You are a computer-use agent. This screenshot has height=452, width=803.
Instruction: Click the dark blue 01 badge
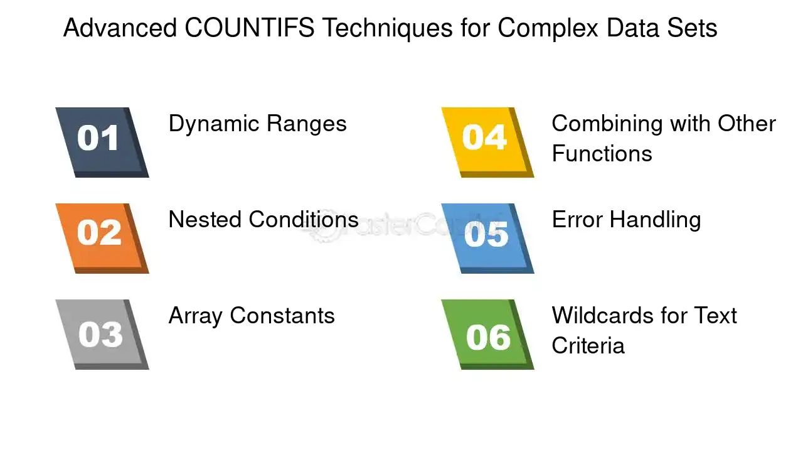tap(100, 141)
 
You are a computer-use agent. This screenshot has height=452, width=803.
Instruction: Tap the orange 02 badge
tap(100, 237)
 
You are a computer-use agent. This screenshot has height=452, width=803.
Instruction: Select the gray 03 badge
tap(100, 333)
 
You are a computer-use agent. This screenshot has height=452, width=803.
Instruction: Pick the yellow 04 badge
tap(486, 141)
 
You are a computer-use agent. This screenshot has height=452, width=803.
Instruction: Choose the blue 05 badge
tap(486, 237)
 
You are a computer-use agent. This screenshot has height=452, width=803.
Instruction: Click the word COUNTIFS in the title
tap(250, 29)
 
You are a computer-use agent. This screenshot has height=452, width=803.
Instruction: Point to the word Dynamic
tap(213, 124)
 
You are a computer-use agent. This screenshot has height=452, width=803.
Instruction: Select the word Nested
tap(205, 220)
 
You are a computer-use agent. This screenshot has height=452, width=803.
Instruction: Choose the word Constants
tap(282, 316)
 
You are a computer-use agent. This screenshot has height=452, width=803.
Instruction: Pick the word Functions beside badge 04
tap(602, 154)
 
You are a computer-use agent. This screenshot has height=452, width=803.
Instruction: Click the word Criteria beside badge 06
tap(588, 346)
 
